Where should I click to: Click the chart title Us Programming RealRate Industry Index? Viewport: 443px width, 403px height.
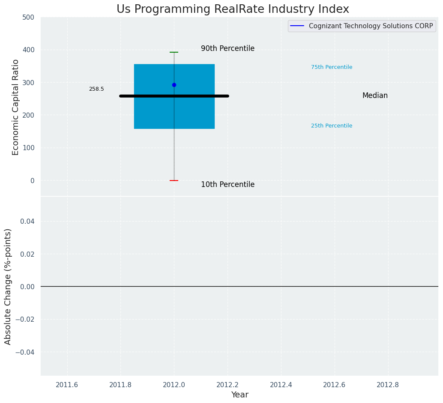(x=233, y=9)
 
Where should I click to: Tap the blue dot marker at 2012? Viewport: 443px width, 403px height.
(x=174, y=85)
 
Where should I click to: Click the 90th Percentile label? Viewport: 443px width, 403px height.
(x=227, y=49)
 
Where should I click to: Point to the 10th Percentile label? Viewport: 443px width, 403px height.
(x=227, y=185)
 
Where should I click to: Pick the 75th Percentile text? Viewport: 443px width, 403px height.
(x=332, y=67)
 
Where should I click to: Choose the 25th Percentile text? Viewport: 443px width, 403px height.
(x=332, y=126)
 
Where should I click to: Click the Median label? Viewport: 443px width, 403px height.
(x=375, y=96)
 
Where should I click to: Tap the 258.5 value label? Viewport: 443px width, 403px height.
(x=96, y=89)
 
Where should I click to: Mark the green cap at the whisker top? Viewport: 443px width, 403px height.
(x=174, y=52)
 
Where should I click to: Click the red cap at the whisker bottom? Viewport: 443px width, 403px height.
(x=174, y=181)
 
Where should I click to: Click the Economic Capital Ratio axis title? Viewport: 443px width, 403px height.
(x=16, y=107)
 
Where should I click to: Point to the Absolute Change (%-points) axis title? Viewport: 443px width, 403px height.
(x=8, y=286)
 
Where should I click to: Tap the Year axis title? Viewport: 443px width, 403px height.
(x=239, y=395)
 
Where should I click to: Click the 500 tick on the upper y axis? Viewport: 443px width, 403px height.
(x=29, y=18)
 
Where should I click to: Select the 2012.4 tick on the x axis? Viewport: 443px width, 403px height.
(x=281, y=385)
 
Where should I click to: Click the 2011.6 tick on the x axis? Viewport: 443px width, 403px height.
(x=67, y=385)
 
